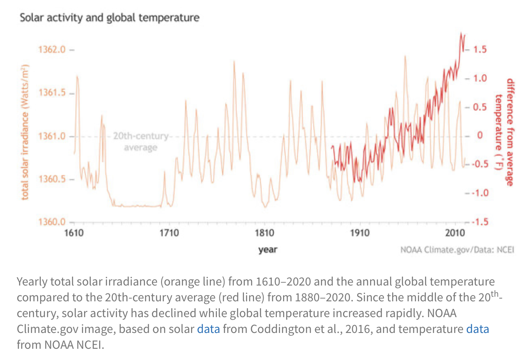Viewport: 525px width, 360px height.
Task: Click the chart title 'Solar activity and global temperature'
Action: (109, 18)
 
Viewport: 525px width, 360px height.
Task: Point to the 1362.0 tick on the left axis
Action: (52, 50)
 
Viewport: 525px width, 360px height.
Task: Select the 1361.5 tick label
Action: (52, 93)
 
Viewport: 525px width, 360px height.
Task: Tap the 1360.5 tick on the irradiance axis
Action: (52, 179)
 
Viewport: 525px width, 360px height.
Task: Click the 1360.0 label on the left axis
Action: (52, 222)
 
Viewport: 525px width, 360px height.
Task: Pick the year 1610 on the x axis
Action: (74, 232)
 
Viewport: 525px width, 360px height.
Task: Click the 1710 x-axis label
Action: (169, 232)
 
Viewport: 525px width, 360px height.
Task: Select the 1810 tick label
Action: (264, 232)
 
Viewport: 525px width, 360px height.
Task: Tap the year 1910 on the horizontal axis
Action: (359, 232)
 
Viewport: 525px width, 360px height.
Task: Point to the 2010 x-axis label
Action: (454, 232)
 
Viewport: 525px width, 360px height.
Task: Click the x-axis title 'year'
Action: (268, 250)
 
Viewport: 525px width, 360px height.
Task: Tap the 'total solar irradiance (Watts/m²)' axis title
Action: (25, 132)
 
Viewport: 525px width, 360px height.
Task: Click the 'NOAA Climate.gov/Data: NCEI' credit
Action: (457, 250)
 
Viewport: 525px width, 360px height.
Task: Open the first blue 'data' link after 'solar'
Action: (208, 329)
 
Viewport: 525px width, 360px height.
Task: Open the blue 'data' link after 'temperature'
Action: (478, 329)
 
